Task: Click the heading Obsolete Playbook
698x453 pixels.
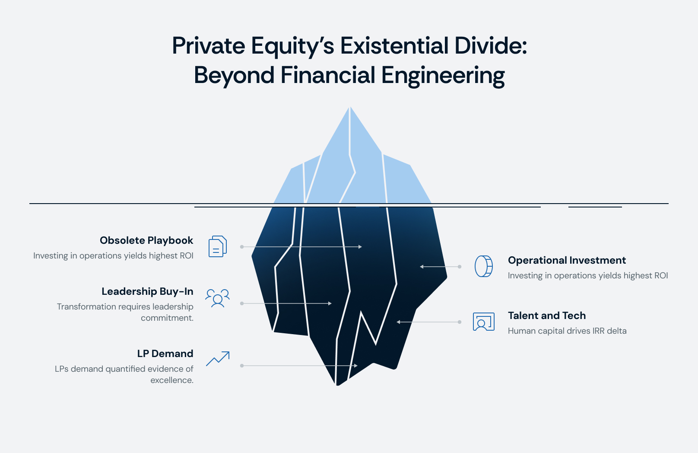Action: tap(146, 240)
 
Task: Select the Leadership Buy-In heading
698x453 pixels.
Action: tap(147, 291)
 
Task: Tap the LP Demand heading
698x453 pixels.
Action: tap(165, 354)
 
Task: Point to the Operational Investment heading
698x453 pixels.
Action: tap(567, 260)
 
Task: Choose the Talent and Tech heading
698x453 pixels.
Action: tap(547, 316)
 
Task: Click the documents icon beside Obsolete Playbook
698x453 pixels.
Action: tap(218, 246)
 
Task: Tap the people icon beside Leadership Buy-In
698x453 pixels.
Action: tap(217, 298)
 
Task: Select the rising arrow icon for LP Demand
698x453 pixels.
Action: tap(218, 359)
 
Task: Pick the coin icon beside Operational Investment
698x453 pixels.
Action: tap(484, 266)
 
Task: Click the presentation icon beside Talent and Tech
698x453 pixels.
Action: tap(484, 322)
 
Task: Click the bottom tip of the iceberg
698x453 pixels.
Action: tap(338, 384)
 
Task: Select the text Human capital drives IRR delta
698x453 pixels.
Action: tap(567, 331)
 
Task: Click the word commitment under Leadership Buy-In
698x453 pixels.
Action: tap(167, 318)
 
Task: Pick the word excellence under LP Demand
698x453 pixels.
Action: tap(171, 380)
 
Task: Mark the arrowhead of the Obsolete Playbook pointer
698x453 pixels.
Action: tap(360, 247)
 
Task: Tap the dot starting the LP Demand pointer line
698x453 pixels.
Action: tap(242, 366)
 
